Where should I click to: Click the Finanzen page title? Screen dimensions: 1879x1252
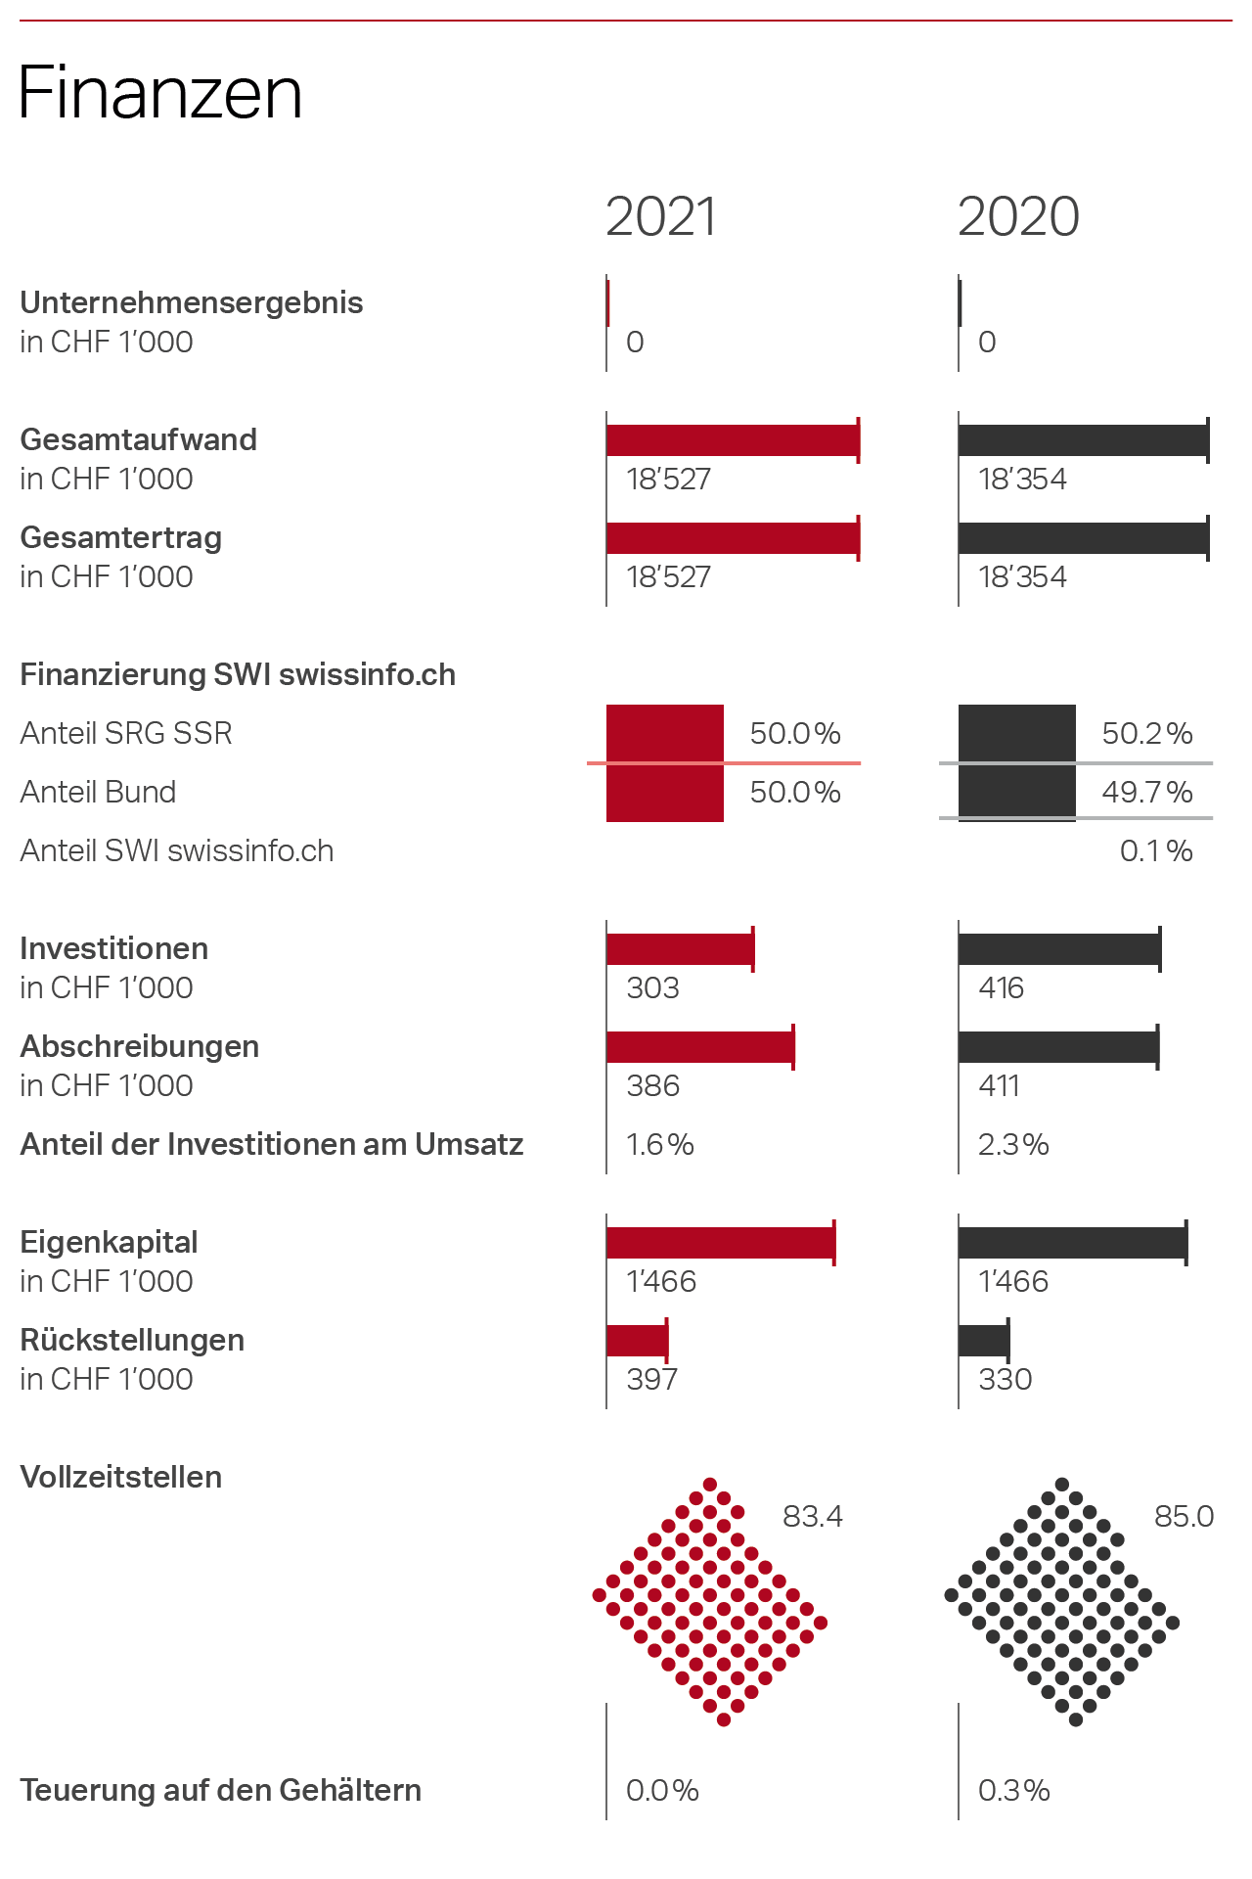click(x=160, y=93)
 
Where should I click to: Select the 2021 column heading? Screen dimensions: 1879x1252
click(x=661, y=216)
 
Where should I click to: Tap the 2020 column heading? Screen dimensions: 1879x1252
click(x=1018, y=216)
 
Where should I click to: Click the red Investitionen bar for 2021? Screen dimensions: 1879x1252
click(x=680, y=949)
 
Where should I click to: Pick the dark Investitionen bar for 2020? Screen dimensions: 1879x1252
click(x=1058, y=949)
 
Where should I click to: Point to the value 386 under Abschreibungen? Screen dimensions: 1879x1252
click(x=652, y=1085)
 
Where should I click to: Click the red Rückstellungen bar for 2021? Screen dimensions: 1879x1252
click(x=637, y=1341)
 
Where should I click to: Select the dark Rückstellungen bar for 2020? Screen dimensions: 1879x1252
click(x=983, y=1341)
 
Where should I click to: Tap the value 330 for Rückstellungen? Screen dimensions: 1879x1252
click(x=1006, y=1379)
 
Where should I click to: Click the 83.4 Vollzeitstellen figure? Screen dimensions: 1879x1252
click(x=812, y=1516)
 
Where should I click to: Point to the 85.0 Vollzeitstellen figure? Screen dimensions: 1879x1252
click(x=1184, y=1516)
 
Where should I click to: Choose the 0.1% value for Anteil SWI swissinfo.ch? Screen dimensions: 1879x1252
click(x=1156, y=850)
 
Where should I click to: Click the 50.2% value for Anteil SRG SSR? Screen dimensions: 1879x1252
click(x=1147, y=733)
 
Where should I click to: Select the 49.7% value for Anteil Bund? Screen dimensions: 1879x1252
click(x=1147, y=792)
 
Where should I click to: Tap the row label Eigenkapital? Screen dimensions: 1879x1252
click(x=109, y=1242)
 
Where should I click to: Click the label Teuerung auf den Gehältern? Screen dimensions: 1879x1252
click(x=220, y=1790)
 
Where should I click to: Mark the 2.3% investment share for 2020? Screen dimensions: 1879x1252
click(x=1013, y=1144)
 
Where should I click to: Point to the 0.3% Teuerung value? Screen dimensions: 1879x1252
click(x=1013, y=1790)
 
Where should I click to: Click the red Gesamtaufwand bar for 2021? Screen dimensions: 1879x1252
click(x=732, y=440)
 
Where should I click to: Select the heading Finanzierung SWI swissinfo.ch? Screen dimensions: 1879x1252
click(x=238, y=674)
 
